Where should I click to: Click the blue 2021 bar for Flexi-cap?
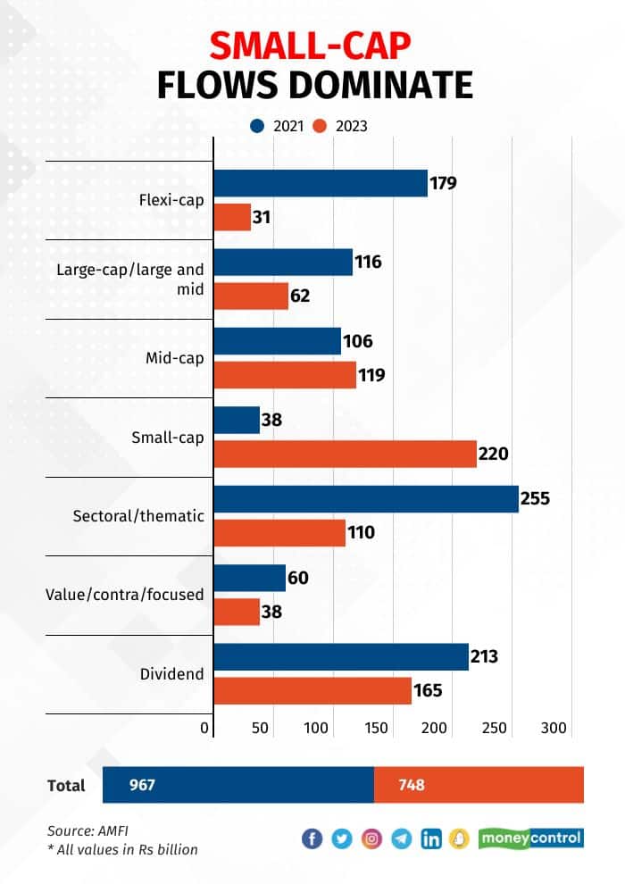321,183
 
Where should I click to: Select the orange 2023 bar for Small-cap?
346,454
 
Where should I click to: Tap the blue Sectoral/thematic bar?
366,498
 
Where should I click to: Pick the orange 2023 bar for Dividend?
312,690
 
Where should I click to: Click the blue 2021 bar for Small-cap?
237,420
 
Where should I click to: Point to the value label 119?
371,375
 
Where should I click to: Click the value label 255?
536,498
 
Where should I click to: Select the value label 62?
300,296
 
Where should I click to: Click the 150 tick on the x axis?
377,729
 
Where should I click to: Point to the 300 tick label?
554,729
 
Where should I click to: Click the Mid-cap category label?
176,358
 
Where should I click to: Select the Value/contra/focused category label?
124,594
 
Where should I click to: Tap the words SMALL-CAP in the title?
313,45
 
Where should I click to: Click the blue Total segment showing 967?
238,785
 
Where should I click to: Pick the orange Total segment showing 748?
479,785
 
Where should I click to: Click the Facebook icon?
312,838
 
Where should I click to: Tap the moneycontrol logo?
530,838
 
